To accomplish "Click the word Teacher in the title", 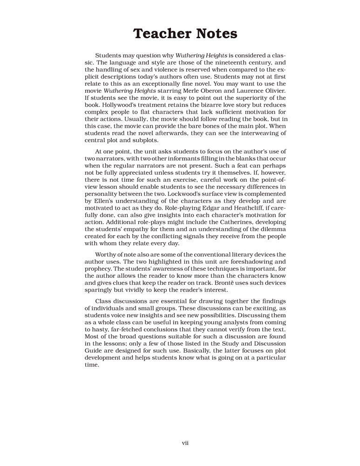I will pos(158,34).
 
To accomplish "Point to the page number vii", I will pos(185,443).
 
